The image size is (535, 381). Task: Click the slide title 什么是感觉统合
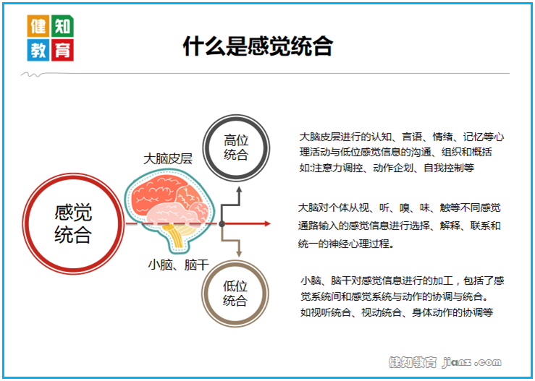point(258,46)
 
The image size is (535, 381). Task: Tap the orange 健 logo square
point(38,26)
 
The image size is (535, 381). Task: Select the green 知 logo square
point(62,26)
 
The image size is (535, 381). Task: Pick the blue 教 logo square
point(38,50)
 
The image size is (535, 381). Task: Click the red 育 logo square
point(62,50)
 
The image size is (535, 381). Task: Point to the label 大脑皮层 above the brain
point(168,159)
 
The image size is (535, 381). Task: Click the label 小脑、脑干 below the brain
point(178,265)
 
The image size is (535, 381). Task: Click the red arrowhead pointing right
point(267,224)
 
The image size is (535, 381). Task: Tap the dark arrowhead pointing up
point(239,189)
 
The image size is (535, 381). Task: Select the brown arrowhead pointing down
point(239,254)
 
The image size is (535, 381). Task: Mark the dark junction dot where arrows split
point(222,224)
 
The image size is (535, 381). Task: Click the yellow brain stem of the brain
point(177,236)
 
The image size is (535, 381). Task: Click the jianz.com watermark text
point(472,362)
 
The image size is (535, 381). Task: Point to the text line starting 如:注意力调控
point(387,168)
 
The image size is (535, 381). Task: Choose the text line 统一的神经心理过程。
point(346,244)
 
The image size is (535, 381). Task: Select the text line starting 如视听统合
point(397,312)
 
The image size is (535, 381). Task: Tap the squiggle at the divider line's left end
point(31,74)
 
